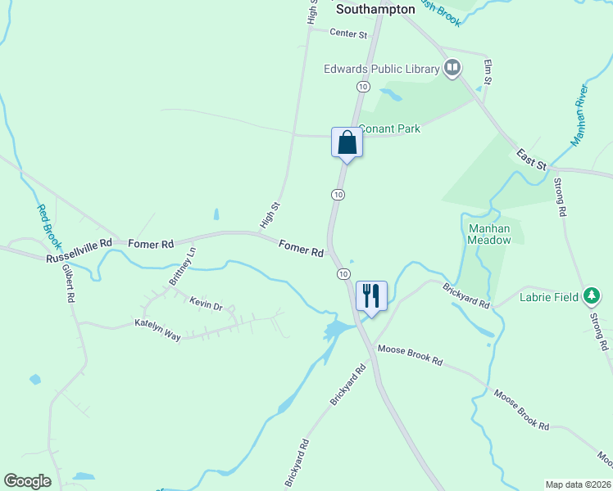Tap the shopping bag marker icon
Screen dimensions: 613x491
point(347,142)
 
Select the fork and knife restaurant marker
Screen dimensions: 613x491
point(371,295)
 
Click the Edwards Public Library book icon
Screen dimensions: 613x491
point(452,69)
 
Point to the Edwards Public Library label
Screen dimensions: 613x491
point(382,70)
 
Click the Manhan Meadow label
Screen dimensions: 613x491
point(489,234)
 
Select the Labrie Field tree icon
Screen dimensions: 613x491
point(592,297)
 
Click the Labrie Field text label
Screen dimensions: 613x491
point(548,297)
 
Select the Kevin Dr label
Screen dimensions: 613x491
point(206,304)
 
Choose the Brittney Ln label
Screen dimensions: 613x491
point(183,267)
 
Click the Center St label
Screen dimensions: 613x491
point(347,33)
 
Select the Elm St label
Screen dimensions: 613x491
point(487,71)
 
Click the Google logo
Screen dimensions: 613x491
point(27,481)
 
